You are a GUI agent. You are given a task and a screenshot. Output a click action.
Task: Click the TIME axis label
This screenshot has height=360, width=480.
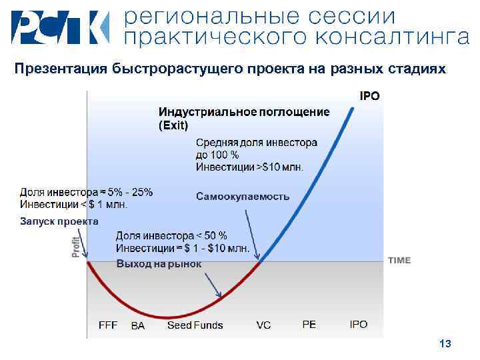click(399, 260)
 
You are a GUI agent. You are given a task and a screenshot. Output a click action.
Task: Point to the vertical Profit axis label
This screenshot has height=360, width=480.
click(76, 247)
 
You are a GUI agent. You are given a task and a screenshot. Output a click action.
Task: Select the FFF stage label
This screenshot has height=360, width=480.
click(108, 325)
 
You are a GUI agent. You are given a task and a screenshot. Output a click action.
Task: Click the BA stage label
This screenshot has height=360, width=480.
click(137, 325)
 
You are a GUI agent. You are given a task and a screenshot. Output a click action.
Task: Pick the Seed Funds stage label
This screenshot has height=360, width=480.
click(195, 325)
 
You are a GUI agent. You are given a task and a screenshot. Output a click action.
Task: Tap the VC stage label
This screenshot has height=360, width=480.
click(263, 325)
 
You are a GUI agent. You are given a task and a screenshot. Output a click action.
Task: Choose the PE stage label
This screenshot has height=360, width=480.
click(309, 324)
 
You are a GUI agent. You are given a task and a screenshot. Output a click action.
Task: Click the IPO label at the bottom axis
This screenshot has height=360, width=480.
click(359, 324)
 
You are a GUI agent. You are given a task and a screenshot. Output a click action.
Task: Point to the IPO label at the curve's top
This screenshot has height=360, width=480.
click(370, 96)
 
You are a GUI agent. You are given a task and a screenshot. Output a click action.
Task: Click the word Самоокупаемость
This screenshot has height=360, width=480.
click(243, 196)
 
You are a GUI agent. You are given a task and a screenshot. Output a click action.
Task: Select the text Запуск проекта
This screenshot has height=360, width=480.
click(59, 221)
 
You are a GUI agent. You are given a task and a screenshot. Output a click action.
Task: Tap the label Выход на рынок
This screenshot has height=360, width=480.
click(159, 264)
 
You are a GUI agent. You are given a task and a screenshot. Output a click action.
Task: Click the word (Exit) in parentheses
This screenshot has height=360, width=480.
click(173, 125)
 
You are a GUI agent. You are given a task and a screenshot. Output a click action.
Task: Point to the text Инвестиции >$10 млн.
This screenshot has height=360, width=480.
click(249, 167)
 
